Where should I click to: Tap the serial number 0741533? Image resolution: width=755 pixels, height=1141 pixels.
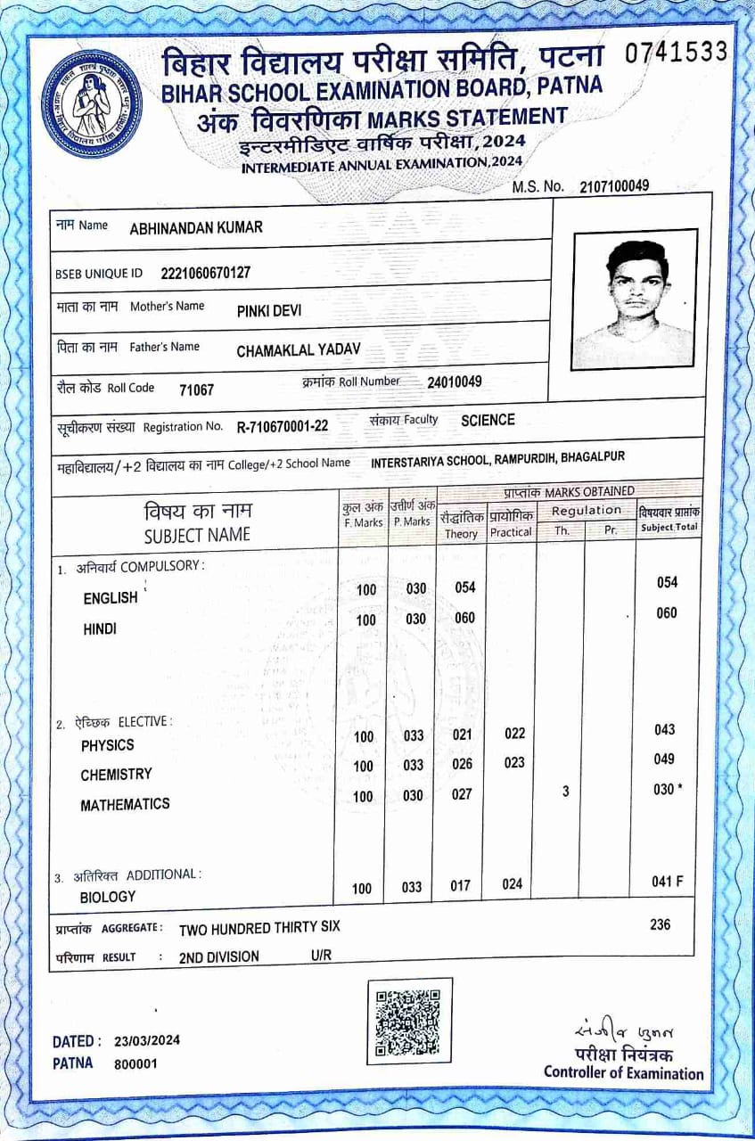(x=677, y=53)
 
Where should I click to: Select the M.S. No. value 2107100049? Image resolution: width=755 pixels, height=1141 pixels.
(x=614, y=186)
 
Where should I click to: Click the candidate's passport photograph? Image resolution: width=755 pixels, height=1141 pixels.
(x=635, y=300)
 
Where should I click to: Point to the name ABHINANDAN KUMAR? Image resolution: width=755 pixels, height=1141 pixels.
(x=196, y=227)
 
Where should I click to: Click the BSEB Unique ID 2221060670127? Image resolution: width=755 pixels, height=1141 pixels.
(x=206, y=273)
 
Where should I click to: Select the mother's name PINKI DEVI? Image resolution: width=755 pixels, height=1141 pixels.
(x=269, y=311)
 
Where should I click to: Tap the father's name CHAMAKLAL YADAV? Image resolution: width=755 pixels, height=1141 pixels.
(x=299, y=351)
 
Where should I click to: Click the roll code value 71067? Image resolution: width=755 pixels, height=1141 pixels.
(x=196, y=390)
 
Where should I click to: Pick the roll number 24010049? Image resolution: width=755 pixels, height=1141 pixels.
(x=455, y=382)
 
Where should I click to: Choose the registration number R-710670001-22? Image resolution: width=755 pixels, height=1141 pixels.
(x=283, y=426)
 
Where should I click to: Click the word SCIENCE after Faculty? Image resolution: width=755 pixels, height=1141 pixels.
(x=488, y=420)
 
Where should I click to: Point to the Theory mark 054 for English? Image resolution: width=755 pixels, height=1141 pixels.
(x=464, y=587)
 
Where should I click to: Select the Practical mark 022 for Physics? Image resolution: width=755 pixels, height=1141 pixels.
(x=514, y=734)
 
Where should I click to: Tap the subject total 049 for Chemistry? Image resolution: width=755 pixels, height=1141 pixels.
(x=665, y=759)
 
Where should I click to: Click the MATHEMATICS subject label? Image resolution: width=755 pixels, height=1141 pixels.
(x=125, y=804)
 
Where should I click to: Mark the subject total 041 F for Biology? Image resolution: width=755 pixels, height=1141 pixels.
(x=668, y=882)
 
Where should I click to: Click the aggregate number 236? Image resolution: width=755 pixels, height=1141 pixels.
(x=660, y=924)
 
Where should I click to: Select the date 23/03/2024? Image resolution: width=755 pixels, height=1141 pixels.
(x=147, y=1041)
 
